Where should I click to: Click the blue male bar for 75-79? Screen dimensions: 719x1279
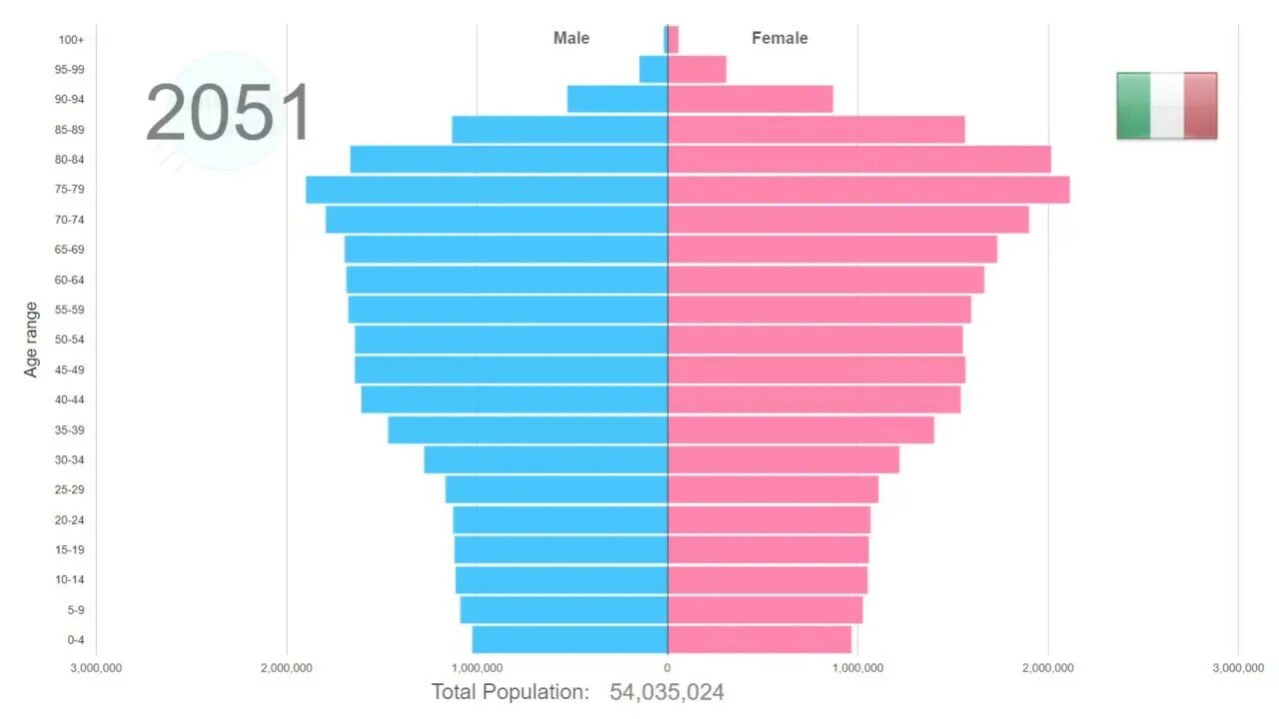click(x=487, y=190)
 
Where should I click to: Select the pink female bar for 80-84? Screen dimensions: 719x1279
click(x=859, y=160)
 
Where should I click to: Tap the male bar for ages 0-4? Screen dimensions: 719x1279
click(x=570, y=639)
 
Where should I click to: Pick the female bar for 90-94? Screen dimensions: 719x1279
click(x=749, y=99)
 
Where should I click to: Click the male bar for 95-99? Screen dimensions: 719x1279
click(x=653, y=69)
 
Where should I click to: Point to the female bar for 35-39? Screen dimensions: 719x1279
click(x=800, y=429)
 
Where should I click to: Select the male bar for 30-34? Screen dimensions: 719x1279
click(x=546, y=459)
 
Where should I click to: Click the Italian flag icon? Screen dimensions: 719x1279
click(x=1166, y=105)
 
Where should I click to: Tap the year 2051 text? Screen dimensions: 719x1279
click(x=229, y=114)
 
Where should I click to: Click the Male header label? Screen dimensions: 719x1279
click(x=572, y=38)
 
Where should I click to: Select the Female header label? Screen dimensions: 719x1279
click(x=779, y=38)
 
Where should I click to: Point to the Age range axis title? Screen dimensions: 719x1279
click(x=31, y=340)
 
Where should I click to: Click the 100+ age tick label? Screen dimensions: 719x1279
click(x=72, y=40)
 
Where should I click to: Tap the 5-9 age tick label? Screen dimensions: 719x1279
click(x=76, y=609)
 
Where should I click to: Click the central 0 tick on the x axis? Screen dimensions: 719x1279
click(x=667, y=667)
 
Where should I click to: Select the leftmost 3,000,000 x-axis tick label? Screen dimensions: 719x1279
click(x=96, y=667)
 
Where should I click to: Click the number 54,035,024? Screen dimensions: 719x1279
click(x=666, y=692)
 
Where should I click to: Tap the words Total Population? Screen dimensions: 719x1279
click(x=510, y=692)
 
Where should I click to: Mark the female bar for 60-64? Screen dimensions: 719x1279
click(x=825, y=280)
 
